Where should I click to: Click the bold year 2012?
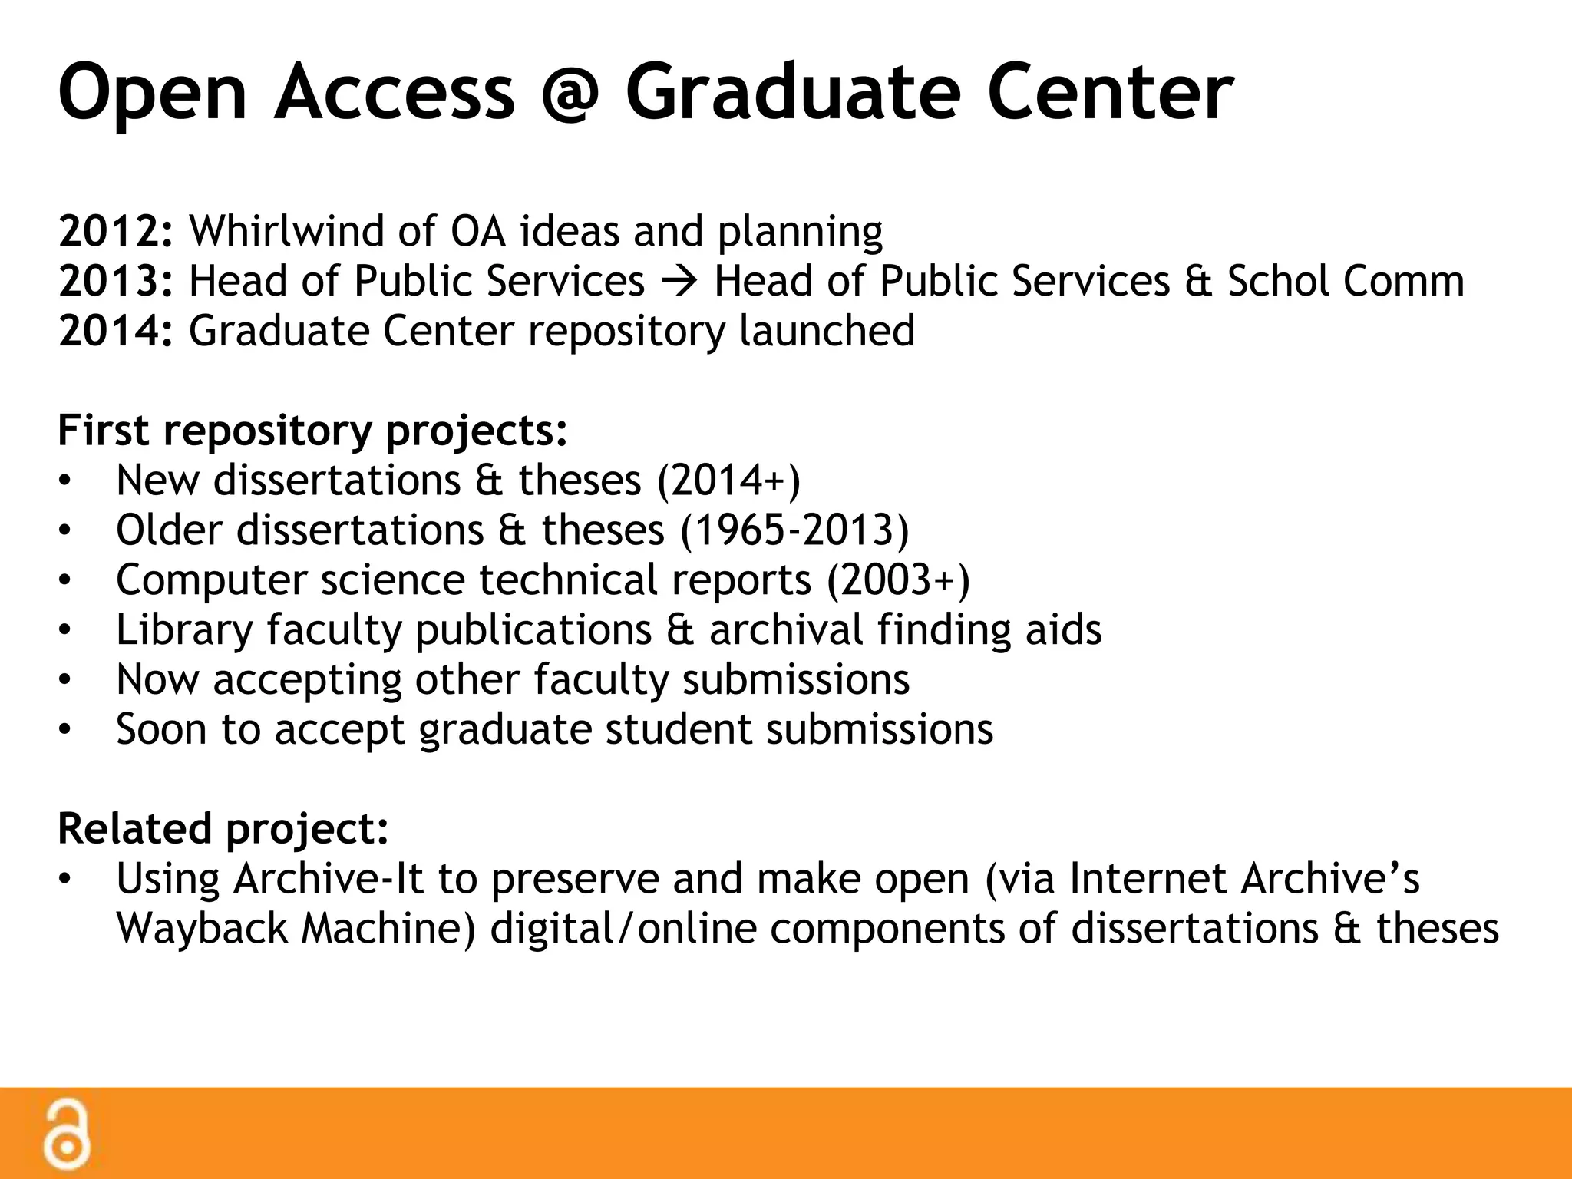click(x=116, y=231)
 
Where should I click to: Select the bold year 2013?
click(x=116, y=281)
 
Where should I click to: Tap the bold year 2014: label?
click(x=116, y=331)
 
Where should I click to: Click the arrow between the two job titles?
click(x=679, y=282)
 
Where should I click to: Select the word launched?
click(x=827, y=331)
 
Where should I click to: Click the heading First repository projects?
click(x=312, y=431)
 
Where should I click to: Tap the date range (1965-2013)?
click(x=794, y=530)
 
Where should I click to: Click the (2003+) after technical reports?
click(x=898, y=580)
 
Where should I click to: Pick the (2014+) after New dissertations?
click(x=728, y=481)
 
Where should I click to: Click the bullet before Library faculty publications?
click(x=65, y=630)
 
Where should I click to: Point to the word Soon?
click(x=161, y=729)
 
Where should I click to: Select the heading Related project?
click(x=223, y=829)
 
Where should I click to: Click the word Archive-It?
click(x=329, y=879)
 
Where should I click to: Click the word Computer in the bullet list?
click(x=211, y=580)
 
